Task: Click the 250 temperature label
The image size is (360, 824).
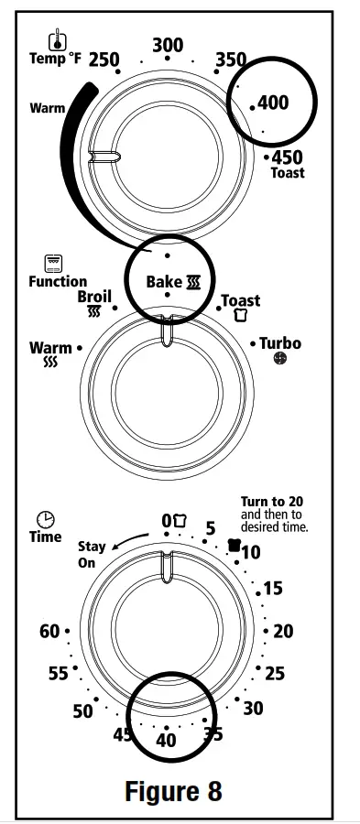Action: click(x=104, y=60)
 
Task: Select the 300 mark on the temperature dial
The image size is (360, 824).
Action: click(x=168, y=45)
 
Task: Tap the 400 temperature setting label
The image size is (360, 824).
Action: click(x=273, y=103)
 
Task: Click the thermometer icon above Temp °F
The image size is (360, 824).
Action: click(x=58, y=39)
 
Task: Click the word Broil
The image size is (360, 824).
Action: click(x=94, y=297)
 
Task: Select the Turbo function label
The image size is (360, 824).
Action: click(x=279, y=343)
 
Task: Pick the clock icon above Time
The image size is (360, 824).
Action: click(x=45, y=519)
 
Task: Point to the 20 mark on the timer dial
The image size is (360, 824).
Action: click(x=283, y=631)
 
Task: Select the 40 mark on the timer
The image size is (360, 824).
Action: click(x=166, y=741)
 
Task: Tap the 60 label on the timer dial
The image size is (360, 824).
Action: click(x=49, y=632)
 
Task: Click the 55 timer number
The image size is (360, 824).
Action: click(x=59, y=675)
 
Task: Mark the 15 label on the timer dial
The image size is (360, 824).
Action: click(x=273, y=589)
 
